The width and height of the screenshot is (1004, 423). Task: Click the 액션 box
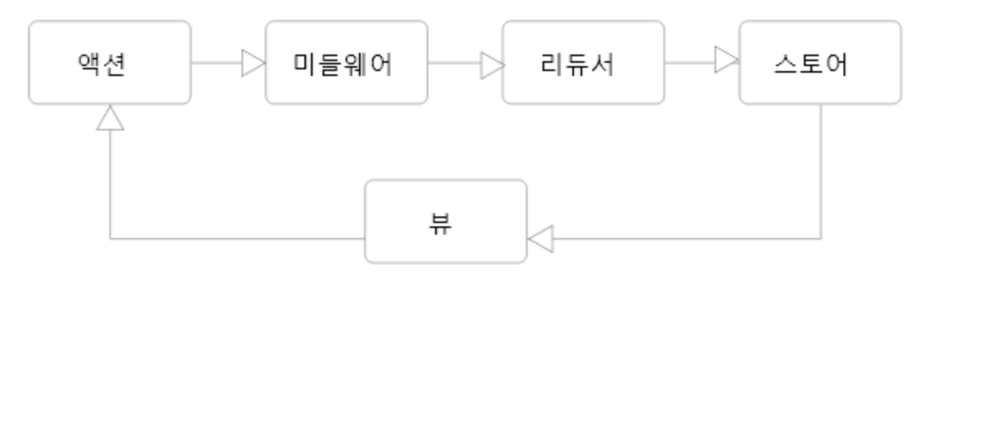pyautogui.click(x=110, y=63)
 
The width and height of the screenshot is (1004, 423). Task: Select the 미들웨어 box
pyautogui.click(x=347, y=63)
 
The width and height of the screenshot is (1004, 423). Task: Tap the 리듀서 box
pyautogui.click(x=583, y=63)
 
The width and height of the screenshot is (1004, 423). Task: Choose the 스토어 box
pyautogui.click(x=820, y=63)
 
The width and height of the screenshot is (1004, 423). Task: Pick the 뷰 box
pyautogui.click(x=446, y=221)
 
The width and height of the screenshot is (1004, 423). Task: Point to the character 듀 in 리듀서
pyautogui.click(x=577, y=64)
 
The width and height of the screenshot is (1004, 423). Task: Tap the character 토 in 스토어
pyautogui.click(x=810, y=64)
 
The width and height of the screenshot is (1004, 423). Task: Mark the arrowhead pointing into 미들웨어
pyautogui.click(x=253, y=63)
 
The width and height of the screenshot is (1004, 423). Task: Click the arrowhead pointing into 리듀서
pyautogui.click(x=492, y=65)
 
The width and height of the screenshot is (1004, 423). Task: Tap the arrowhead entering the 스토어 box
pyautogui.click(x=726, y=59)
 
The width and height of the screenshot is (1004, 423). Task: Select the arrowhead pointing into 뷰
pyautogui.click(x=540, y=239)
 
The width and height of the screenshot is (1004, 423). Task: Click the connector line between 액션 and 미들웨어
pyautogui.click(x=217, y=63)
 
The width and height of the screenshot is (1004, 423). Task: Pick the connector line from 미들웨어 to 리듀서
pyautogui.click(x=454, y=63)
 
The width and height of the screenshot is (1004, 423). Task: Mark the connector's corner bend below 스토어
pyautogui.click(x=820, y=239)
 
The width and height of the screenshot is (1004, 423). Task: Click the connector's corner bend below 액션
pyautogui.click(x=110, y=239)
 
